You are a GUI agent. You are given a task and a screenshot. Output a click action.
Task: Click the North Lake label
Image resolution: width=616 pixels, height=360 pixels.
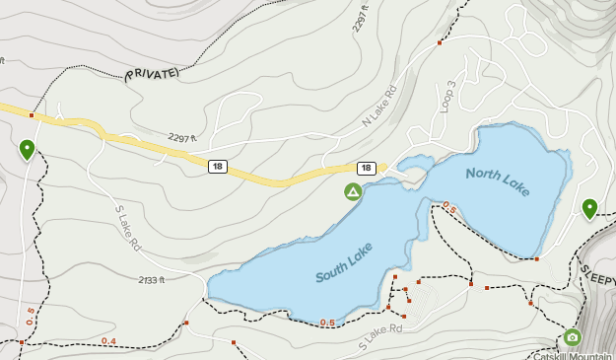(498, 183)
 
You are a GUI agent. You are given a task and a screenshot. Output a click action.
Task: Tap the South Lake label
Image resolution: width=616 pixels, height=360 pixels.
(347, 265)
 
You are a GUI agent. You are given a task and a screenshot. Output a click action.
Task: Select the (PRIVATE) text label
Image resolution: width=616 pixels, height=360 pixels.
(151, 74)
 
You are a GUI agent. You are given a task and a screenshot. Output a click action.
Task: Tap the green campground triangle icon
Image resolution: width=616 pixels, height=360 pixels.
(352, 190)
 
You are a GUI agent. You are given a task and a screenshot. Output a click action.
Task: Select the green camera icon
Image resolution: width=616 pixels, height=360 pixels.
(573, 337)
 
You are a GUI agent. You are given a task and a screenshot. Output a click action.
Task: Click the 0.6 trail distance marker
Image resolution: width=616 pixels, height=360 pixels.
(327, 323)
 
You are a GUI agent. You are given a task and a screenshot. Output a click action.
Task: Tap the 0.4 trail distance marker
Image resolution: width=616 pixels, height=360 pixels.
(108, 341)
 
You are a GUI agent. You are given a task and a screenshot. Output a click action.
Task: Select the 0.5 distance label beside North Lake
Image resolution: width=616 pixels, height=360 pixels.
(449, 207)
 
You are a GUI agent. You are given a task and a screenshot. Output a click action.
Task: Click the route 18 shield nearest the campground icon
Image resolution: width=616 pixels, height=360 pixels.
(366, 169)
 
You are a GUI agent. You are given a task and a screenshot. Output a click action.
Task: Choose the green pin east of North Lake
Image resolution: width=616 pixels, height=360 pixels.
(589, 208)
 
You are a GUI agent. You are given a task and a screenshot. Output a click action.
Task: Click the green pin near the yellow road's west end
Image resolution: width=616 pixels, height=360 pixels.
(27, 149)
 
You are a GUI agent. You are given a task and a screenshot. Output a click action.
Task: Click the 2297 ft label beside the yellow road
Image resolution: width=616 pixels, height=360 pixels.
(184, 138)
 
